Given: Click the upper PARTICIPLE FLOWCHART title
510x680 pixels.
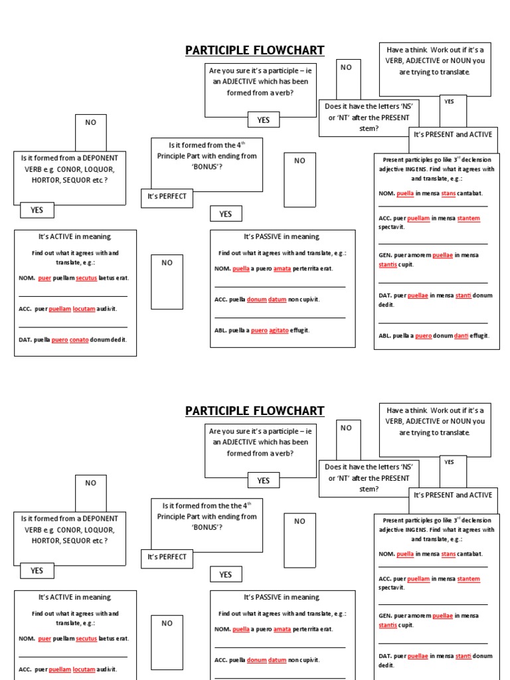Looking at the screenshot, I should (x=254, y=50).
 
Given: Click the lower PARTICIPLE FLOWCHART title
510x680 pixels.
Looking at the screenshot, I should (x=254, y=411).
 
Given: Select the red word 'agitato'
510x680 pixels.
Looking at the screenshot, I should (x=279, y=330).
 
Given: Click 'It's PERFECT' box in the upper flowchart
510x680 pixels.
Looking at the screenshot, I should (x=167, y=197).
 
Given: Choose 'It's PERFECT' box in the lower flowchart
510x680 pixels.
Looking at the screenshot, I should (x=167, y=557).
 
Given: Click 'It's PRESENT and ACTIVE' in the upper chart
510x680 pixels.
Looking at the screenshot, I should (x=453, y=135).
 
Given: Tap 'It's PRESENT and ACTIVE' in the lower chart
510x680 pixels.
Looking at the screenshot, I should (x=453, y=495).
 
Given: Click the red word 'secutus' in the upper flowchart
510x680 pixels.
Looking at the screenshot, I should (x=86, y=278).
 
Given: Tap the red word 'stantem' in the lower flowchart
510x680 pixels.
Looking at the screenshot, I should (x=468, y=579).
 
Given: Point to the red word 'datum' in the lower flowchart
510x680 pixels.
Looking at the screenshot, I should (x=278, y=660).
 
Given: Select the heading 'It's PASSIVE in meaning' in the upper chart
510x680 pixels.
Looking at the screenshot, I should (x=282, y=237).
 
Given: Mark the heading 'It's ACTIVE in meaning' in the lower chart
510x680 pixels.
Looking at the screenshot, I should (x=75, y=598).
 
